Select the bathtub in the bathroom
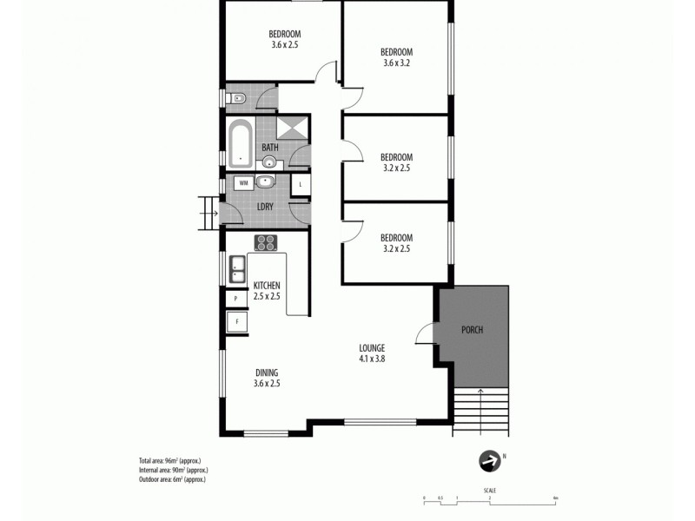(x=241, y=143)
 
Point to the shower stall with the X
(x=293, y=128)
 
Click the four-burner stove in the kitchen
(x=265, y=242)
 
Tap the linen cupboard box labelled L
(x=300, y=184)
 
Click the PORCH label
(x=473, y=330)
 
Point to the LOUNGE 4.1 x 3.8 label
(x=371, y=353)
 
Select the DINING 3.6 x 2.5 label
(x=267, y=378)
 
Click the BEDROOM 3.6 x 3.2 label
(x=396, y=56)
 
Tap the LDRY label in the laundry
(x=267, y=206)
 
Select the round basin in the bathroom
(x=270, y=162)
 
